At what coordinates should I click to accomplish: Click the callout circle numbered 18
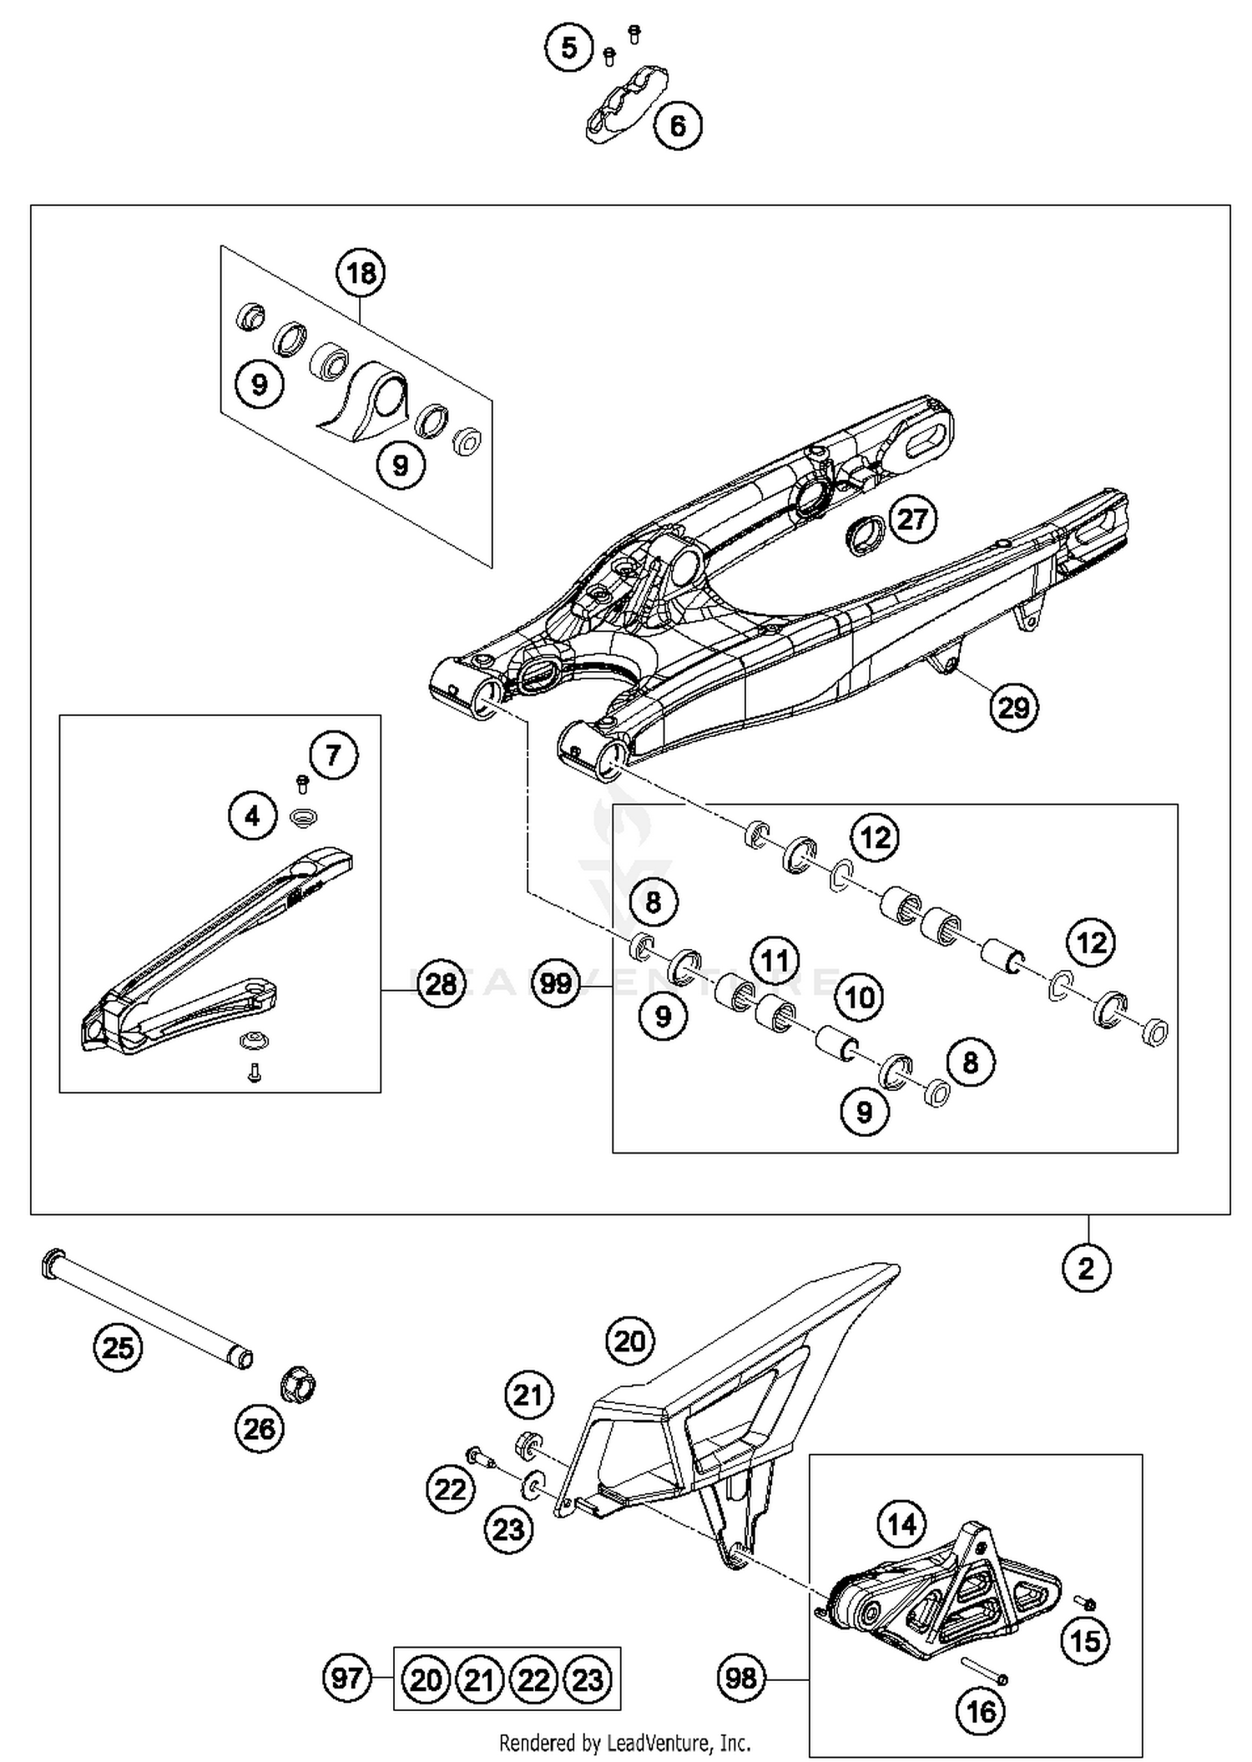point(361,273)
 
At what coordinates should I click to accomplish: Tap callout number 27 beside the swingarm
point(912,519)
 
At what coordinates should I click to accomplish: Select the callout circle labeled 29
point(1013,708)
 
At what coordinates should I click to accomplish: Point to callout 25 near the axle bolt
point(118,1347)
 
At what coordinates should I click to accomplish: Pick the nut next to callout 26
point(297,1386)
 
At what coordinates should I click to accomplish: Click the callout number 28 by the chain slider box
point(441,984)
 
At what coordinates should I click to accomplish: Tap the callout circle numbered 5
point(568,48)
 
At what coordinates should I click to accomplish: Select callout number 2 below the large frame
point(1086,1269)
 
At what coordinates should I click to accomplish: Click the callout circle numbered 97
point(346,1678)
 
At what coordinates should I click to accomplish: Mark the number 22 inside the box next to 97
point(533,1679)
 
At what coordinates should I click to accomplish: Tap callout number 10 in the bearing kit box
point(860,997)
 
